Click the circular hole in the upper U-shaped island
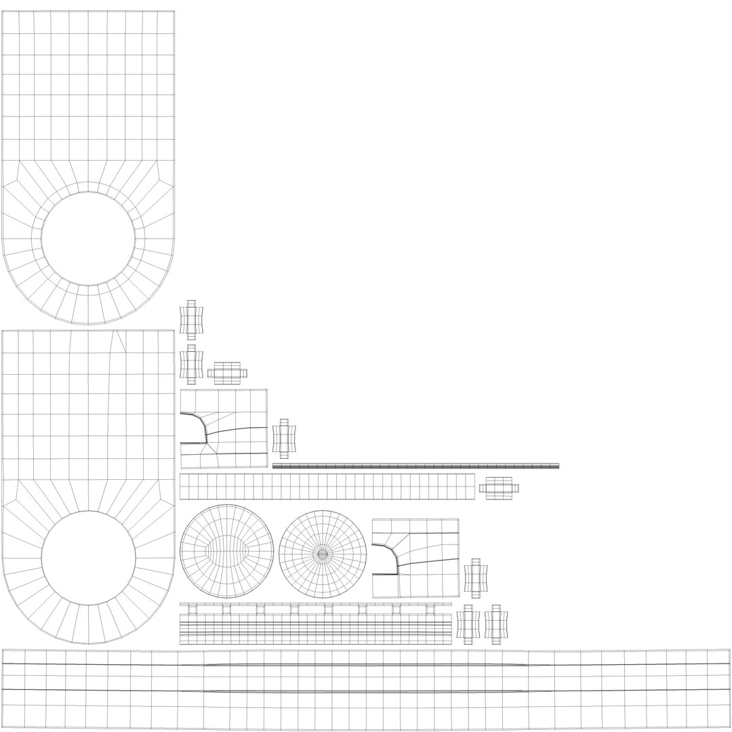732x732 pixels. coord(88,239)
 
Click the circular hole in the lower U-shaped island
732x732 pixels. coord(88,558)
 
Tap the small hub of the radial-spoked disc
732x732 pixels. coord(323,554)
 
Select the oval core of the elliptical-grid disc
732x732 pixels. coord(226,550)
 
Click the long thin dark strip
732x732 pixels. coord(415,466)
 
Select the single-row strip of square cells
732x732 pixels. coord(327,487)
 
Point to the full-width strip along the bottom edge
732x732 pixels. coord(366,689)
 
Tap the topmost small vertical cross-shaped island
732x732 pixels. coord(191,320)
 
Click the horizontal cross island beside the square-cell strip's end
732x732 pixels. coord(499,488)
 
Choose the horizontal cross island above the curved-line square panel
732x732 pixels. coord(227,373)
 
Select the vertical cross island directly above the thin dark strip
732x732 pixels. coord(284,439)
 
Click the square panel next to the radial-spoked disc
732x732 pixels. coord(415,558)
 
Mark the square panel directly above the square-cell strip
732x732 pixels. coord(224,428)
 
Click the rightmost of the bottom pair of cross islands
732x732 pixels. coord(496,624)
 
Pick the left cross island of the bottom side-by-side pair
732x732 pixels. coord(468,624)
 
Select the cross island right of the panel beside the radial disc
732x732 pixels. coord(476,578)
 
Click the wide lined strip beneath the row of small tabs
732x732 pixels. coord(315,629)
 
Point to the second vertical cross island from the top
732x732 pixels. coord(191,364)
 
